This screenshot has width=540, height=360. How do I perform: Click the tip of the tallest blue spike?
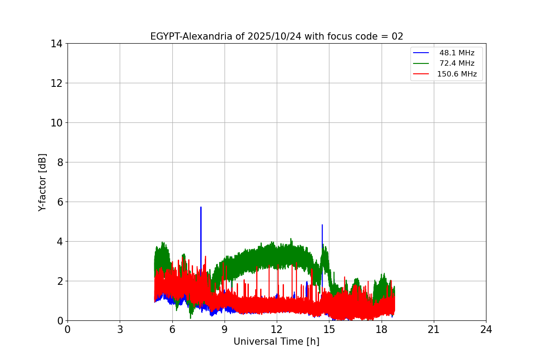pos(201,207)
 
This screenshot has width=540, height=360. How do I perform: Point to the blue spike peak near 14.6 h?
pos(322,225)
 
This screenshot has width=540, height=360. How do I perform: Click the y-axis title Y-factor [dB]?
pos(42,182)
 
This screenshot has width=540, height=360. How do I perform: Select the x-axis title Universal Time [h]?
pos(276,342)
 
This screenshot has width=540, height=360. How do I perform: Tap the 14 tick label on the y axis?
pos(57,44)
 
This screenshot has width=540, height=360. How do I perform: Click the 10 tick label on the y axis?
pos(57,123)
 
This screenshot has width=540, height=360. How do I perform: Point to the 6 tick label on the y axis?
pos(59,202)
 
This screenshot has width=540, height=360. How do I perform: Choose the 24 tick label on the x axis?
pos(486,329)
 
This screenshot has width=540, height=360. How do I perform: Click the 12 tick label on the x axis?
pos(277,329)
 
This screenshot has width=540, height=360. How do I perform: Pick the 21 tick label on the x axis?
pos(434,329)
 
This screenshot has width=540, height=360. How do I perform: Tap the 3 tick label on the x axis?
pos(120,329)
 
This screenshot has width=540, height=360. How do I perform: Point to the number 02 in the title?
pos(397,36)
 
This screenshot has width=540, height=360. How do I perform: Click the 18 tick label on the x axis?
pos(382,329)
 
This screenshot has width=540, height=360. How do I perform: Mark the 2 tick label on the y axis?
pos(59,281)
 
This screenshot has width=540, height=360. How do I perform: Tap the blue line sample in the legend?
pos(422,53)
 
